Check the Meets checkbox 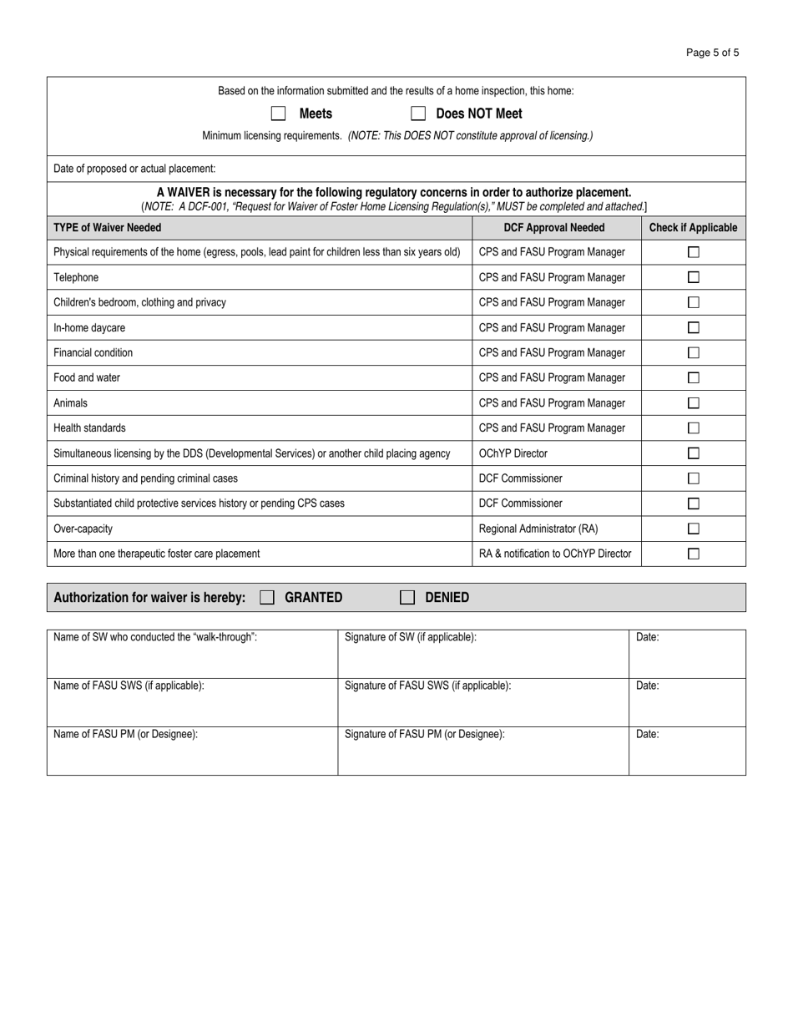click(279, 114)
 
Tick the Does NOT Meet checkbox click(418, 114)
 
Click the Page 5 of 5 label click(712, 53)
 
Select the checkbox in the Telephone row click(693, 277)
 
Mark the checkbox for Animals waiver click(693, 403)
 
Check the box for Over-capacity click(693, 529)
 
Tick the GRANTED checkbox click(267, 597)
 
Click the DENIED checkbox click(407, 597)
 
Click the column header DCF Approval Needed click(554, 227)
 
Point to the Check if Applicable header click(693, 227)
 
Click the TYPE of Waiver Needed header click(108, 227)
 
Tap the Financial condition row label click(93, 353)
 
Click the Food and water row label click(87, 378)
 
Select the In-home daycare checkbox click(693, 328)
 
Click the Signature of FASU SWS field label click(427, 686)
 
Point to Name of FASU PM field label click(125, 735)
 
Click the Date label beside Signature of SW click(647, 637)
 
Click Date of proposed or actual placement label click(134, 169)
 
